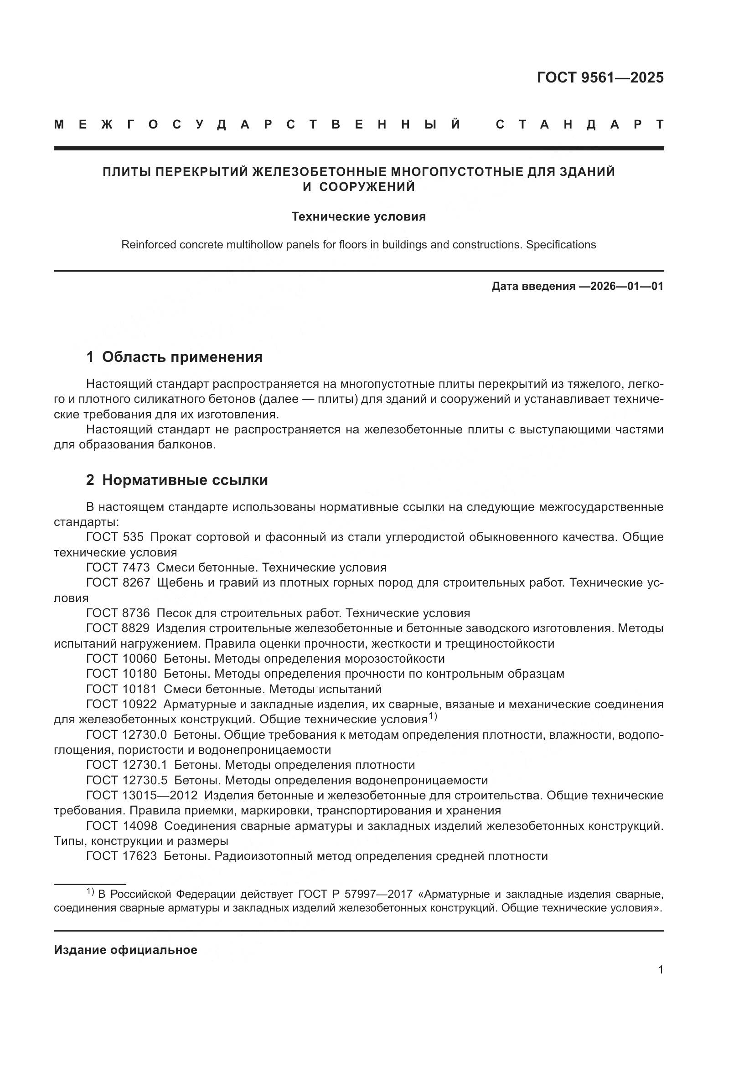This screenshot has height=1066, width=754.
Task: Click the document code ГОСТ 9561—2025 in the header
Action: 600,77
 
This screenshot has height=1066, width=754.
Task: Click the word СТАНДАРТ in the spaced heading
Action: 579,124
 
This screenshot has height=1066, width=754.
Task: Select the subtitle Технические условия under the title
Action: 358,217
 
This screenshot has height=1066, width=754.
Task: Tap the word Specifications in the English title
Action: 560,245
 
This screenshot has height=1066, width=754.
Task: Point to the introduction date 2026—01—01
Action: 627,286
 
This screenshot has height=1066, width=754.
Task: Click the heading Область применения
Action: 182,357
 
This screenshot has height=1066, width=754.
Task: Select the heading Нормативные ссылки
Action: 185,480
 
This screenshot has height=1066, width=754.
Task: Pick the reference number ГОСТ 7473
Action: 118,567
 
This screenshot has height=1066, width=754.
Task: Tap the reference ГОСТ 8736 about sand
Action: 118,613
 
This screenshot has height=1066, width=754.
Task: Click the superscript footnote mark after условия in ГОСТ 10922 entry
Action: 433,716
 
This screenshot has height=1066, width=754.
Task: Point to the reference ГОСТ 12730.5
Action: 126,780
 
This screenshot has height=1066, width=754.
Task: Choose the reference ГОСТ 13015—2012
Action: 142,795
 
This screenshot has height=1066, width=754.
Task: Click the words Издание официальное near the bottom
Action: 125,950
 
